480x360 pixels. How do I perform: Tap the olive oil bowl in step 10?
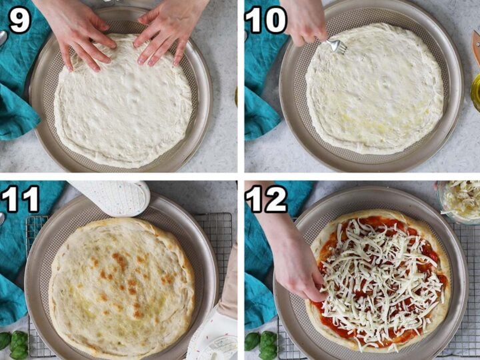pyautogui.click(x=475, y=90)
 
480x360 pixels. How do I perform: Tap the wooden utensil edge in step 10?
pyautogui.click(x=476, y=47)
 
